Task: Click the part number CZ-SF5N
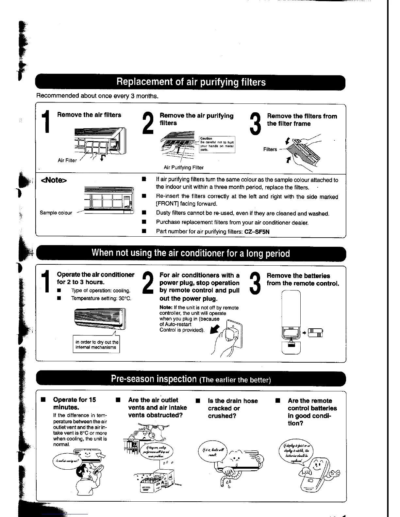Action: coord(257,232)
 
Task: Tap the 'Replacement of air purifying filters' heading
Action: coord(191,82)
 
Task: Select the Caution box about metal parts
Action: coord(217,145)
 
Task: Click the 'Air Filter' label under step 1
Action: coord(67,161)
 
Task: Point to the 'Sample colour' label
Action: coord(56,213)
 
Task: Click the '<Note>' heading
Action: coord(54,180)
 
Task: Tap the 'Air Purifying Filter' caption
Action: coord(184,168)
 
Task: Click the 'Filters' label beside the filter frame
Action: coord(270,149)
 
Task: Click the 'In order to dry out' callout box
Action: coord(96,345)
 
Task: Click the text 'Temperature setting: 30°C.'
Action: coord(101,298)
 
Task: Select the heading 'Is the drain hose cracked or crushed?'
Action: coord(233,408)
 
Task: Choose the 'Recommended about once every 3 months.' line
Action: coord(97,96)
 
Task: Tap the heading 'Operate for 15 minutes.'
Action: coord(75,403)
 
